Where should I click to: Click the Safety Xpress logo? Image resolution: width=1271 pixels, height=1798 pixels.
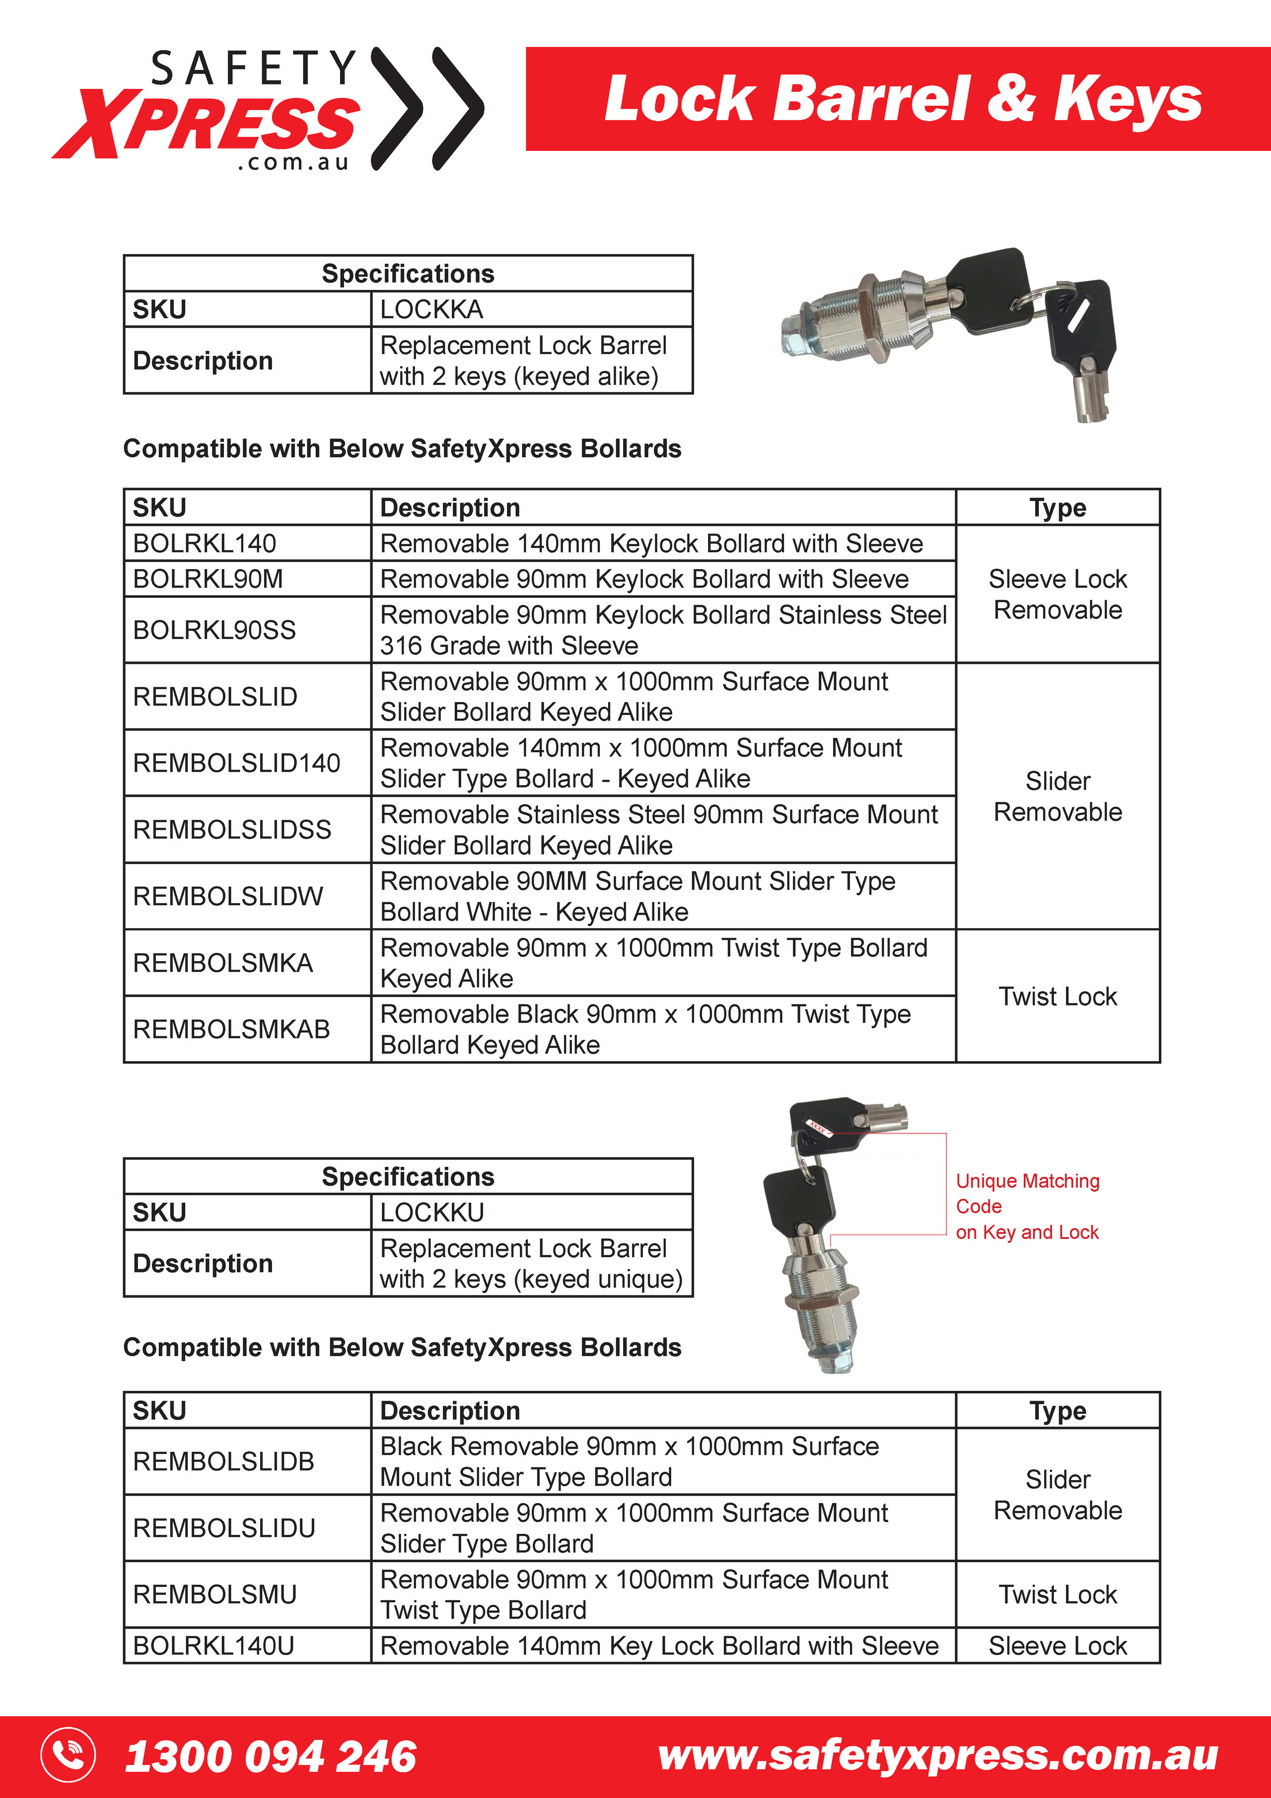point(266,110)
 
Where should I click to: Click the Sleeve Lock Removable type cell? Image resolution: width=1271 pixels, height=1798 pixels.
point(1057,594)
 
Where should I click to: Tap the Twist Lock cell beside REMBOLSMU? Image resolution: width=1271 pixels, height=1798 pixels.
point(1057,1594)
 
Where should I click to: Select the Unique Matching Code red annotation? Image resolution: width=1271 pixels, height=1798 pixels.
point(1027,1206)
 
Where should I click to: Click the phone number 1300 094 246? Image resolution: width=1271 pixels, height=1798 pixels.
point(270,1756)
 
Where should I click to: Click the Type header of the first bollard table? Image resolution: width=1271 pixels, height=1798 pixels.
point(1057,507)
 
